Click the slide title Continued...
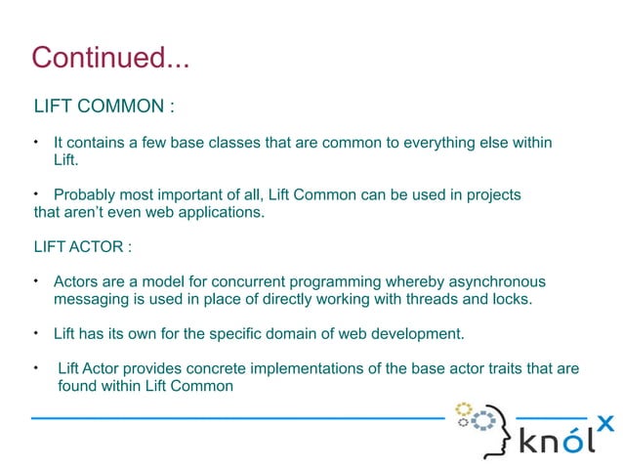pos(109,58)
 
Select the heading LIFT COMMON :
pos(104,106)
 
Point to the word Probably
pos(85,194)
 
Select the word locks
pos(509,299)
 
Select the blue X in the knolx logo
pos(605,423)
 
